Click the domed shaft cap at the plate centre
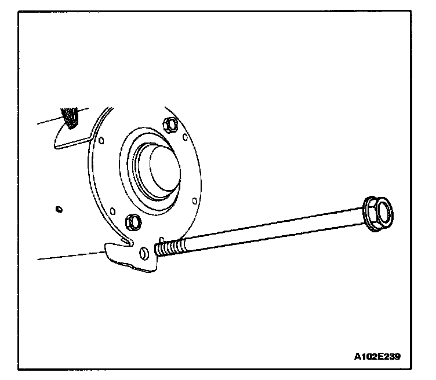click(x=156, y=168)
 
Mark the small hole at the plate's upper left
click(x=102, y=140)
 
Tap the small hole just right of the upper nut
click(x=185, y=138)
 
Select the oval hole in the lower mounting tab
click(x=143, y=253)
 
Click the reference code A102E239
click(x=377, y=355)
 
